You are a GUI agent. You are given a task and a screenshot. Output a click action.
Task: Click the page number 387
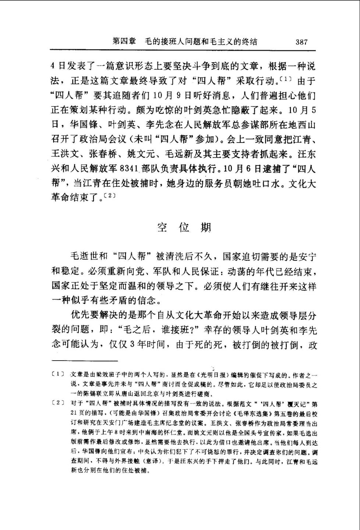[x=301, y=42]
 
